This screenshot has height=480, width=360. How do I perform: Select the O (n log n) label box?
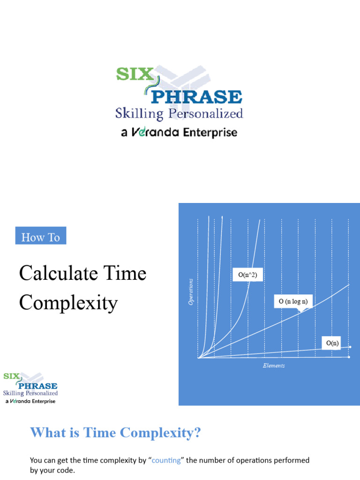tap(293, 301)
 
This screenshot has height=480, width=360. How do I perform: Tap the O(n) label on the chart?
tap(332, 344)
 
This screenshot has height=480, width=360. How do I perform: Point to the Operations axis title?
tap(191, 292)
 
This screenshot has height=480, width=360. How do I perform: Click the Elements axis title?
tap(274, 366)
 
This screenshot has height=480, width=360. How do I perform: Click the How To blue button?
tap(41, 237)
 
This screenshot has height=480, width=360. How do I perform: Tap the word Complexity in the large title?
tap(68, 303)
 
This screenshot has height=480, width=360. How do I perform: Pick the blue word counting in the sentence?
tap(166, 460)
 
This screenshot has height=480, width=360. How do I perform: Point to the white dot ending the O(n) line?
tap(350, 347)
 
